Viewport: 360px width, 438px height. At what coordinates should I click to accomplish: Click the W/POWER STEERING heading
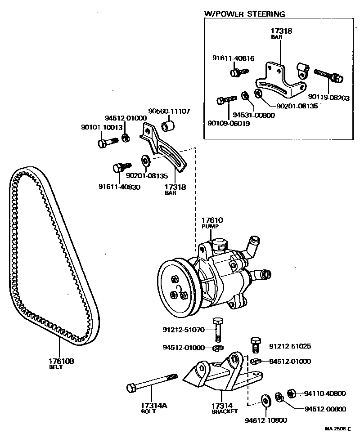[244, 14]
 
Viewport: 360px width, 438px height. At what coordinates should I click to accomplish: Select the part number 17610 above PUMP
[212, 220]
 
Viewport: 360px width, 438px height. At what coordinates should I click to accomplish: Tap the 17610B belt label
[61, 361]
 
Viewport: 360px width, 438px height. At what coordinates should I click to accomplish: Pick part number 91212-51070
[184, 330]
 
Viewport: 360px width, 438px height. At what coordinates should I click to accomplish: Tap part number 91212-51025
[290, 346]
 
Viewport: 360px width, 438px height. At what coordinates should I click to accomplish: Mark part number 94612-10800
[266, 420]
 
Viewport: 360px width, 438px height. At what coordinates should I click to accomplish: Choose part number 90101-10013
[102, 128]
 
